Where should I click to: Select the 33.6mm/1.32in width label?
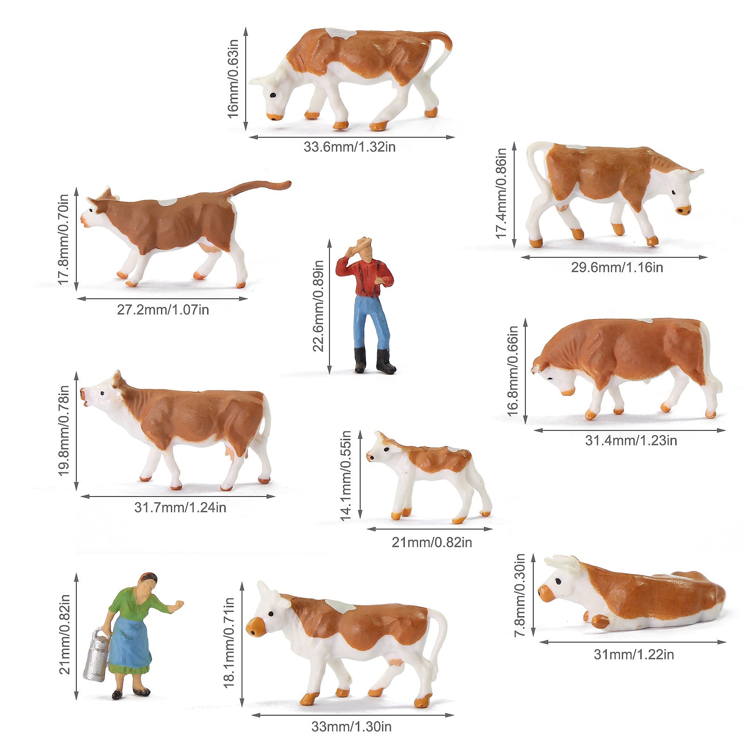(349, 147)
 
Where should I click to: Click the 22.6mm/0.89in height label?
(318, 306)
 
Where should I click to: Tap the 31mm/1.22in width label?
(633, 655)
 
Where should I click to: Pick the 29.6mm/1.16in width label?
(617, 268)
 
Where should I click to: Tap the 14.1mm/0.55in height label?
(345, 475)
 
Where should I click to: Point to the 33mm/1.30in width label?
(351, 726)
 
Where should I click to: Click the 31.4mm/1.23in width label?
(631, 440)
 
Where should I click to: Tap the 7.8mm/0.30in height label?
(520, 595)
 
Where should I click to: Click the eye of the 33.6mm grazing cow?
(273, 95)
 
